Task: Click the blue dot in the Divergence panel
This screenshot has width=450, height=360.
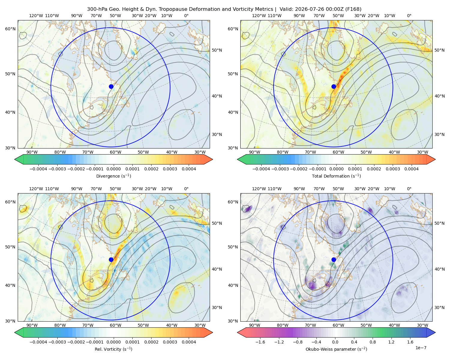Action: click(111, 86)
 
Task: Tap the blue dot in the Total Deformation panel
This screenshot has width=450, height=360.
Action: click(334, 86)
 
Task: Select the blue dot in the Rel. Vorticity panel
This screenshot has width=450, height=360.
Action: click(111, 259)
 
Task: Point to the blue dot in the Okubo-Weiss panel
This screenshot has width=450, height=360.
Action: click(334, 259)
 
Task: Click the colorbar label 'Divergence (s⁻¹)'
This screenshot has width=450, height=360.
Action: click(113, 176)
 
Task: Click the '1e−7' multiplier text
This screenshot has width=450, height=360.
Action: click(421, 348)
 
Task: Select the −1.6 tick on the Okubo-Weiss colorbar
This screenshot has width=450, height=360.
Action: click(260, 342)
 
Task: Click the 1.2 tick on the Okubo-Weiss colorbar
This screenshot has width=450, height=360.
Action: click(391, 342)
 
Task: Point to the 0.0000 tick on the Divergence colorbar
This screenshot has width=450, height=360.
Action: click(113, 169)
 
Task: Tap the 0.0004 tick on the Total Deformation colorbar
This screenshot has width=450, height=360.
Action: click(411, 169)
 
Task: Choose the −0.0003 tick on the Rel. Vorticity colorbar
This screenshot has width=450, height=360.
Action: click(57, 342)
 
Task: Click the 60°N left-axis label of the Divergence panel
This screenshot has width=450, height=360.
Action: click(10, 29)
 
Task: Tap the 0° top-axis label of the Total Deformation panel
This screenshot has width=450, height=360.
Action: click(409, 16)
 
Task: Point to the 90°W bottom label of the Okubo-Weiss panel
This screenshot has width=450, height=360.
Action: click(254, 325)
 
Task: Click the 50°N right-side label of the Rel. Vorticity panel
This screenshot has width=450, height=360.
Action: click(217, 223)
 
